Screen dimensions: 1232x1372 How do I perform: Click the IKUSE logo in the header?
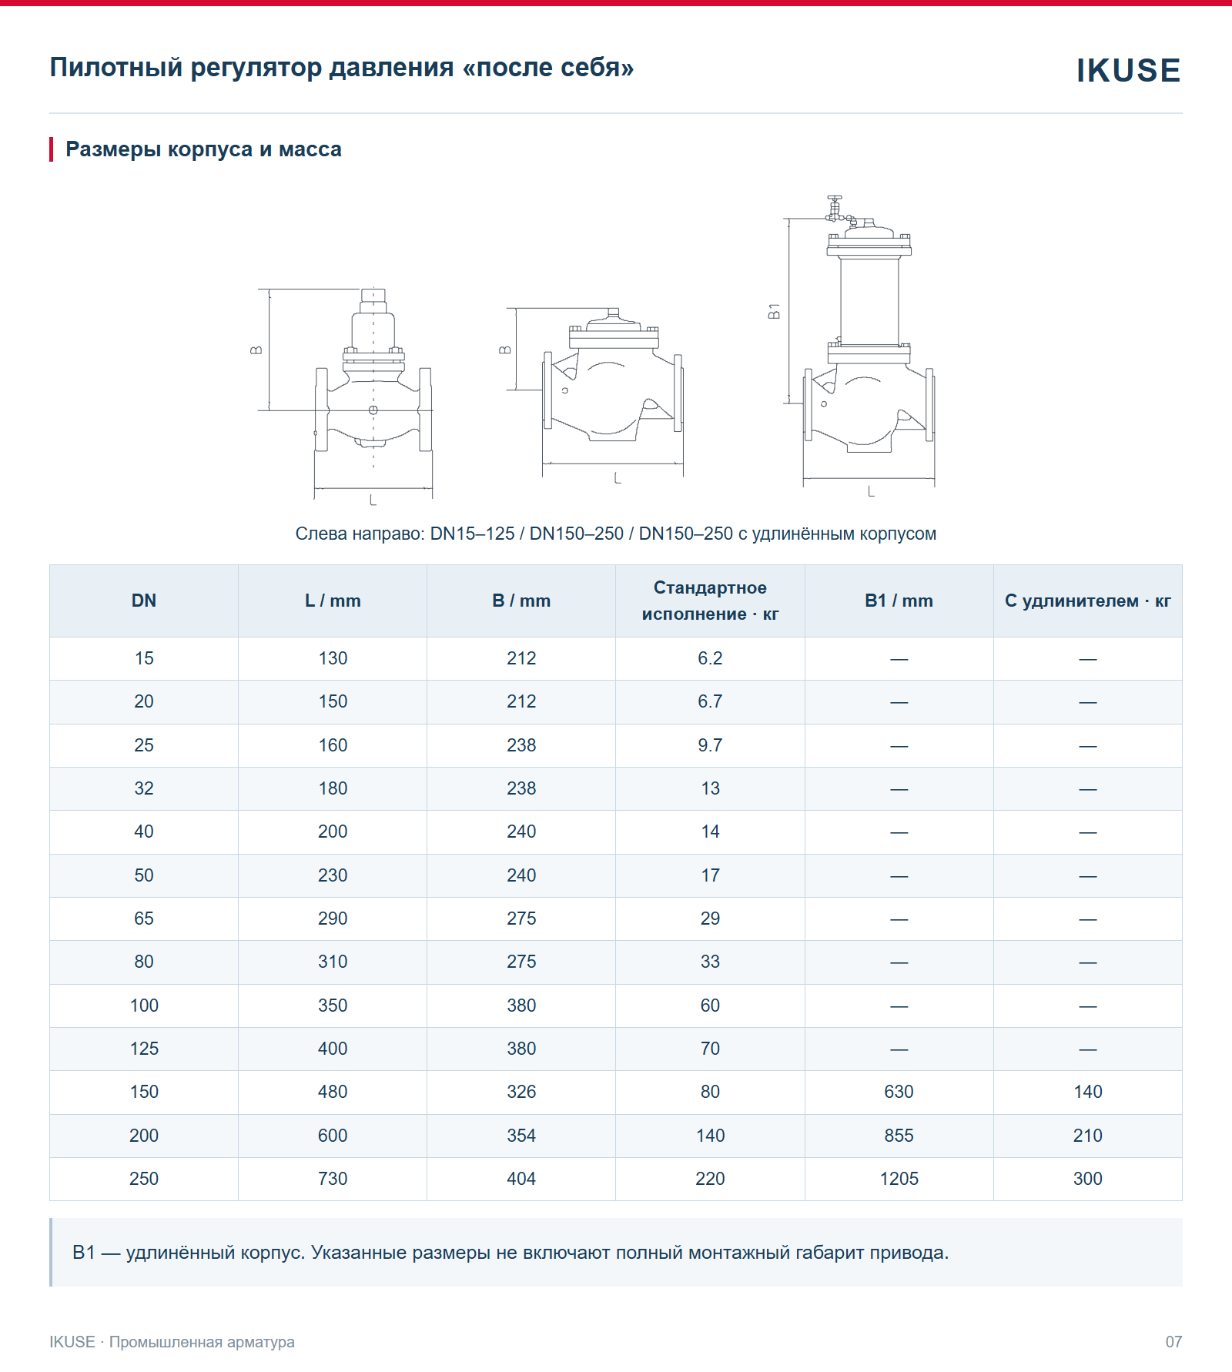1128,70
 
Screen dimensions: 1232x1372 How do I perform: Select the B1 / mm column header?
899,601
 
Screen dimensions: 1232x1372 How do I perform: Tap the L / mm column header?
333,601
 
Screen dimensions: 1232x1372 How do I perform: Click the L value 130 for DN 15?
333,658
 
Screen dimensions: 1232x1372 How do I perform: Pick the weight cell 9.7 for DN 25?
710,745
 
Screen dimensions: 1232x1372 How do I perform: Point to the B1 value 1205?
899,1179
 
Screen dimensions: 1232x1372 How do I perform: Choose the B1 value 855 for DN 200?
899,1136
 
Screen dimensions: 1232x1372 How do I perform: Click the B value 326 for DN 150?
521,1092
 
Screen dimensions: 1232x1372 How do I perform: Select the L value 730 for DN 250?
333,1179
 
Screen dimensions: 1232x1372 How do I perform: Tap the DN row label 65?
144,919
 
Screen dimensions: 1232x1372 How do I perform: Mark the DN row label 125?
144,1049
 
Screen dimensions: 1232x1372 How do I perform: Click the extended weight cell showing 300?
1087,1179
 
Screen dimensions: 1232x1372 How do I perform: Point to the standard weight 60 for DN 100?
710,1006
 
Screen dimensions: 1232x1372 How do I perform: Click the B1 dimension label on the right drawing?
775,311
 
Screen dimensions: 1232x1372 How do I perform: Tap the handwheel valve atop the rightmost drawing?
835,208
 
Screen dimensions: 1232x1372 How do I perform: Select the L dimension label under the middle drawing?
617,478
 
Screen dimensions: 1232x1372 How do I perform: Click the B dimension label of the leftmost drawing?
256,350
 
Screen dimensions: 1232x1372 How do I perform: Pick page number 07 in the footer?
1173,1342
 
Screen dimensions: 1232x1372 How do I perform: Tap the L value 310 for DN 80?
333,962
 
